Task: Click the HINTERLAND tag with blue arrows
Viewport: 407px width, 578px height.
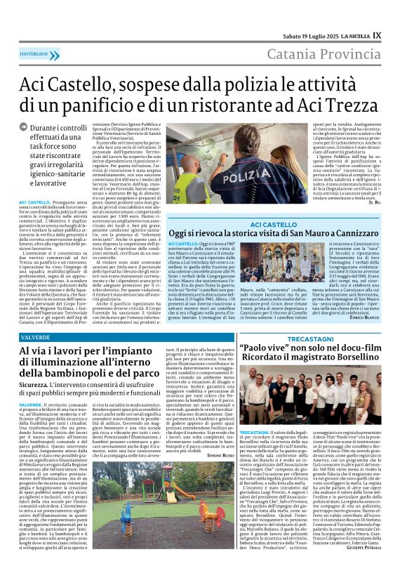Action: click(39, 54)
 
